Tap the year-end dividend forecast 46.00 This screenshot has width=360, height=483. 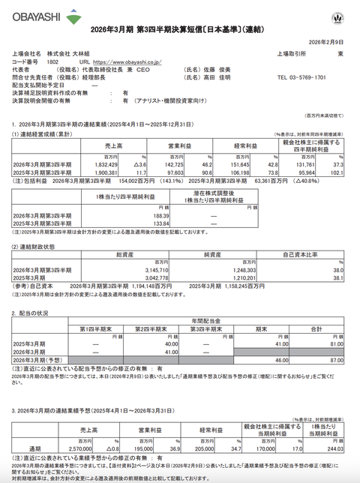pos(277,361)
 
